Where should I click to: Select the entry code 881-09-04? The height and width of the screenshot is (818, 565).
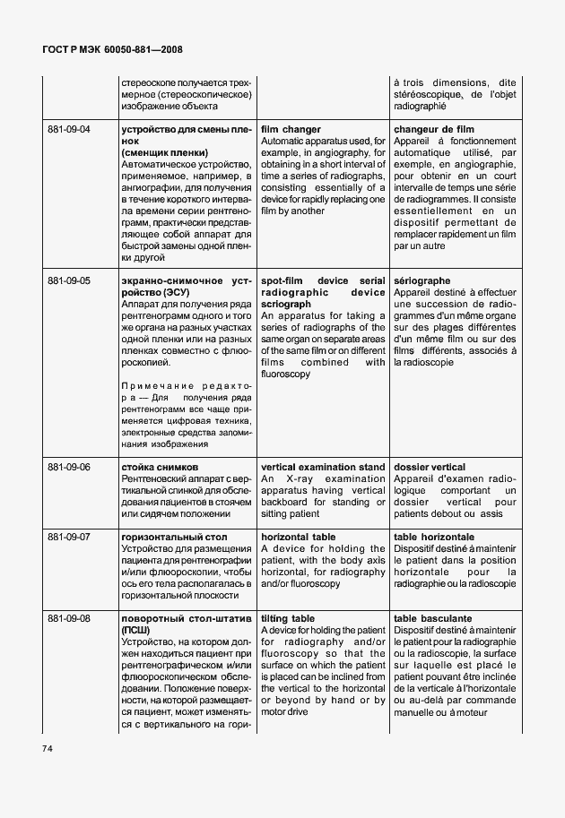pos(69,130)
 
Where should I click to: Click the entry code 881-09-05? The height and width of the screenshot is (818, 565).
pos(69,280)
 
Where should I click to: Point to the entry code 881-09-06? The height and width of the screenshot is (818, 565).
pos(69,467)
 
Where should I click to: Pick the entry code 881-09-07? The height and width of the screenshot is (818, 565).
pos(69,537)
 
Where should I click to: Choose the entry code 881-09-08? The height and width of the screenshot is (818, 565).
pos(69,618)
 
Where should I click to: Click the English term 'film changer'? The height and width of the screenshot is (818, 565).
pos(291,130)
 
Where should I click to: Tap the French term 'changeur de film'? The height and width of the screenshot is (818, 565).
pos(433,130)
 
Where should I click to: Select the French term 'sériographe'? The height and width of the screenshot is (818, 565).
pos(422,280)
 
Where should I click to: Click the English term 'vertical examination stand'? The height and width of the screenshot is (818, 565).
pos(323,467)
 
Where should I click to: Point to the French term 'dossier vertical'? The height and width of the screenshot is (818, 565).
pos(430,467)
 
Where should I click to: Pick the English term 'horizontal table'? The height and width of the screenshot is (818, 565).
pos(299,537)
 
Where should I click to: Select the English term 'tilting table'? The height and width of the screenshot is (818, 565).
pos(288,618)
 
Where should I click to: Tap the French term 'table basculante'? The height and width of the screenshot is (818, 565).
pos(432,618)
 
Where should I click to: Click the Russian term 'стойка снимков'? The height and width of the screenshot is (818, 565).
pos(159,467)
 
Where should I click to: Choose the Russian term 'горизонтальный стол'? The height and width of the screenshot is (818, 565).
pos(173,537)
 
